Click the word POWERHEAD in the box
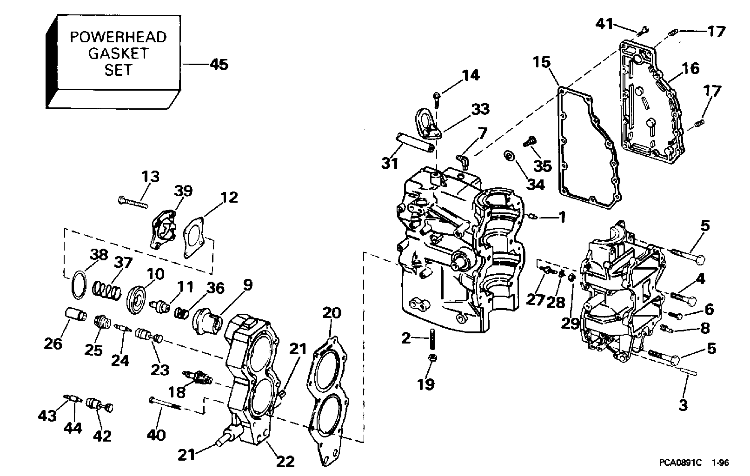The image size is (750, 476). [x=118, y=37]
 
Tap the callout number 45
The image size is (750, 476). [x=219, y=65]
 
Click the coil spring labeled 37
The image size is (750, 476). [x=106, y=291]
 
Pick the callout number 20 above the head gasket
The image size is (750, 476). [x=332, y=313]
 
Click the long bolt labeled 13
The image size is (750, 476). [x=133, y=203]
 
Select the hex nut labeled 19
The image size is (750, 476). [x=432, y=357]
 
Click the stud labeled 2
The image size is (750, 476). [x=432, y=339]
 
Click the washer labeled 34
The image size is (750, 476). [x=509, y=155]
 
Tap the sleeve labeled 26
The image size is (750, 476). [x=75, y=315]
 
